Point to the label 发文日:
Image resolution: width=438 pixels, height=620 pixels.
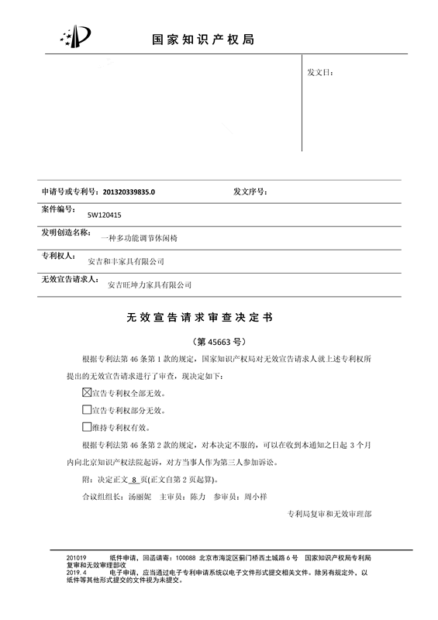319,72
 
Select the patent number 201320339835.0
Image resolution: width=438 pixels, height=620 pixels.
129,191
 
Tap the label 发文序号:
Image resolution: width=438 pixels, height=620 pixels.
250,191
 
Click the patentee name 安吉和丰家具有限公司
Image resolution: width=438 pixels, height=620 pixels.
126,262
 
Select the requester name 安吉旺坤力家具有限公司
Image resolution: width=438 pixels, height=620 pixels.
149,285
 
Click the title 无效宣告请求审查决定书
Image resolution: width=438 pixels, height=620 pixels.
199,319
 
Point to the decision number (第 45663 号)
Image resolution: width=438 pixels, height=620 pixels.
218,341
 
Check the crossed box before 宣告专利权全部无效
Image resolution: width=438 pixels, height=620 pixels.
86,392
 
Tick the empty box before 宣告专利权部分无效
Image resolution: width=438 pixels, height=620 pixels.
86,409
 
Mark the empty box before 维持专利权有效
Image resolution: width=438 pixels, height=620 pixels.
86,426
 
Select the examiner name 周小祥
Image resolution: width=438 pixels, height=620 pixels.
255,496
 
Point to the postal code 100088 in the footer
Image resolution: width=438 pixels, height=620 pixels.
186,558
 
